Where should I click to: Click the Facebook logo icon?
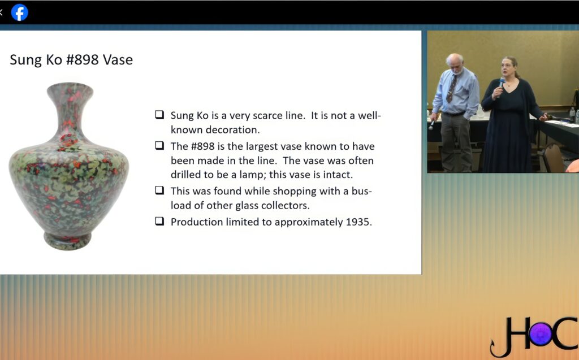tap(20, 12)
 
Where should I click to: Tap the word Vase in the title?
tap(118, 60)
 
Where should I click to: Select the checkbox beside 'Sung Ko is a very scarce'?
tap(159, 115)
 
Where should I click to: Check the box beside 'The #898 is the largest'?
tap(159, 145)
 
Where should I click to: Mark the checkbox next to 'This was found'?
tap(159, 190)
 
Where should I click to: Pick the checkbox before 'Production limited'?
tap(159, 221)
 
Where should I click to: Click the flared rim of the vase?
tap(70, 87)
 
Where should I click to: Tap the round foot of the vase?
tap(68, 241)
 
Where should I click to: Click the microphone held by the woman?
tap(501, 85)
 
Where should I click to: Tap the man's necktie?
tap(451, 89)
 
